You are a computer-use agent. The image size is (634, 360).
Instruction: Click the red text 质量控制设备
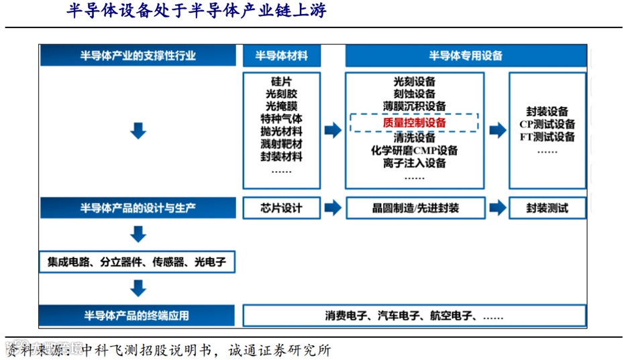(414, 123)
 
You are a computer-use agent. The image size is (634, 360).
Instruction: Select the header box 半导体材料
(281, 56)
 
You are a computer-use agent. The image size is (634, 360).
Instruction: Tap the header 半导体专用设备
(466, 56)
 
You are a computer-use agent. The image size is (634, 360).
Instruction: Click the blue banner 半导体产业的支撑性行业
(138, 56)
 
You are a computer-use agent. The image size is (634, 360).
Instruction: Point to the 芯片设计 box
(281, 208)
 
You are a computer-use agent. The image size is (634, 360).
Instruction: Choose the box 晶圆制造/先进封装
(415, 208)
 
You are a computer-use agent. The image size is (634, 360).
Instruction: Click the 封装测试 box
(547, 208)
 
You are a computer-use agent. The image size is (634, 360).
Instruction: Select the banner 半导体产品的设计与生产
(138, 208)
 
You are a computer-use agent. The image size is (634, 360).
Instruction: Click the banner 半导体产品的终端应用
(138, 316)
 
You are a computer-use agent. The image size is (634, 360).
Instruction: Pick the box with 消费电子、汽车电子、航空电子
(415, 316)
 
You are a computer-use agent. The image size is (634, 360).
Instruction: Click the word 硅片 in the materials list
(281, 82)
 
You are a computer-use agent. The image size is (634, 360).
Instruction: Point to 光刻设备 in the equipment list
(414, 82)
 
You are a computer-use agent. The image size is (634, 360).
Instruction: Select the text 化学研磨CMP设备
(414, 150)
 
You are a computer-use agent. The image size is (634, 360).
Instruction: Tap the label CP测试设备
(547, 124)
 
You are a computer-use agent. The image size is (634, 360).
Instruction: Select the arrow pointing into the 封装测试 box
(497, 207)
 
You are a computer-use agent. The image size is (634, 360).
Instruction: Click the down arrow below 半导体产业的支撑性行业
(138, 130)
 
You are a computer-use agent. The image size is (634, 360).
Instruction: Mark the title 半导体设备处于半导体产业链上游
(197, 11)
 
